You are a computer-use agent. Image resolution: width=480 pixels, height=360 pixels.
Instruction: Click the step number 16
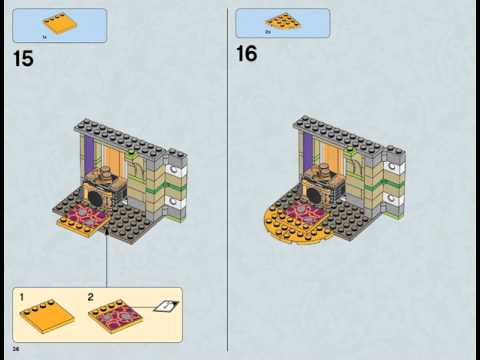[x=247, y=54]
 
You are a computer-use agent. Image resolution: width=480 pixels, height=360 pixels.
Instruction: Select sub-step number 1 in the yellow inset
[x=20, y=298]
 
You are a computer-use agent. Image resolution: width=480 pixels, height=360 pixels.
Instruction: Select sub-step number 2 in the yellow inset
[x=91, y=298]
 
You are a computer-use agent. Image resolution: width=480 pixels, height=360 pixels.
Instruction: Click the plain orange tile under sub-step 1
[x=47, y=319]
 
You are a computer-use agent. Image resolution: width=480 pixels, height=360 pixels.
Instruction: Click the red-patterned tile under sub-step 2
[x=115, y=319]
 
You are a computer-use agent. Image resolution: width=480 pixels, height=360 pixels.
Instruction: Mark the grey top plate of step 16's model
[x=340, y=127]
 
